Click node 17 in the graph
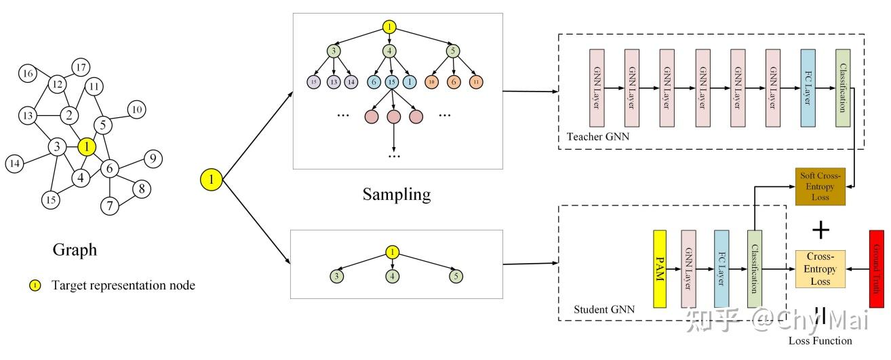point(81,68)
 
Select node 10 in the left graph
point(137,109)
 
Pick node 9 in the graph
point(153,159)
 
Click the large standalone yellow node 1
point(212,180)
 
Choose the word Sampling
point(396,195)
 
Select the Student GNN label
point(603,310)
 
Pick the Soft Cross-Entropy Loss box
point(821,186)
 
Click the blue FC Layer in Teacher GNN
point(807,88)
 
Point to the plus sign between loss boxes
point(821,230)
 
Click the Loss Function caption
point(820,340)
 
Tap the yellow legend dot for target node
point(34,285)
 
